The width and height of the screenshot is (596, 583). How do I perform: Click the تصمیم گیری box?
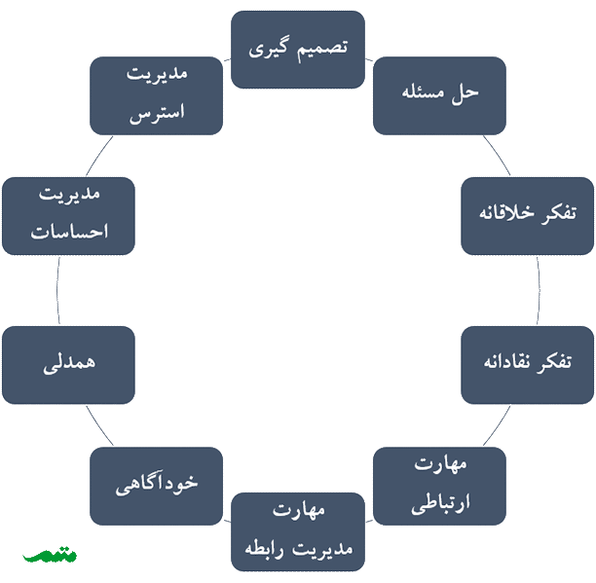pyautogui.click(x=298, y=50)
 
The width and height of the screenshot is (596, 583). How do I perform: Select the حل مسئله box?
pyautogui.click(x=439, y=95)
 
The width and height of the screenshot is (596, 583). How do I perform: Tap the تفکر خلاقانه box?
pyautogui.click(x=528, y=216)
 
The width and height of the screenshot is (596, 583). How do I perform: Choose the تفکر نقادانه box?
pyautogui.click(x=528, y=365)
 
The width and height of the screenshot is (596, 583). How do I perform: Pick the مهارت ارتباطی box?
pyautogui.click(x=439, y=486)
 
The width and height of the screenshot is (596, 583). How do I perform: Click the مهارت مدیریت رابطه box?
pyautogui.click(x=298, y=531)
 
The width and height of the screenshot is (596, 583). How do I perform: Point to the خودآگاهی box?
pyautogui.click(x=156, y=486)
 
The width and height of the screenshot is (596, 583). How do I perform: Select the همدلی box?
pyautogui.click(x=68, y=365)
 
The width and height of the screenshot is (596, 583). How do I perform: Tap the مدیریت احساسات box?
pyautogui.click(x=68, y=216)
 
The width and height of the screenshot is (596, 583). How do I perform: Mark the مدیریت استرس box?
pyautogui.click(x=156, y=95)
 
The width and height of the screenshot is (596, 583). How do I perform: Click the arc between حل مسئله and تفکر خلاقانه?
pyautogui.click(x=498, y=155)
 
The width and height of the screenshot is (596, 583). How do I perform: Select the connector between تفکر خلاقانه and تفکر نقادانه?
pyautogui.click(x=539, y=291)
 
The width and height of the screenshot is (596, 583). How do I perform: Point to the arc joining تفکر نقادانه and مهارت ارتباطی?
pyautogui.click(x=498, y=425)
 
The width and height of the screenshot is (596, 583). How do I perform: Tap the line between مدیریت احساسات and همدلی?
pyautogui.click(x=57, y=291)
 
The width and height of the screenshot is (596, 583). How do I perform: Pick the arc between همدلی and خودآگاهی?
pyautogui.click(x=98, y=425)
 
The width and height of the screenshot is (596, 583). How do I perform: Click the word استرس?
pyautogui.click(x=157, y=114)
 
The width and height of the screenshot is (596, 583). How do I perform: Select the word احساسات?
pyautogui.click(x=69, y=232)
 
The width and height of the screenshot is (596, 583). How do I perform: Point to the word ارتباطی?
pyautogui.click(x=440, y=504)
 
